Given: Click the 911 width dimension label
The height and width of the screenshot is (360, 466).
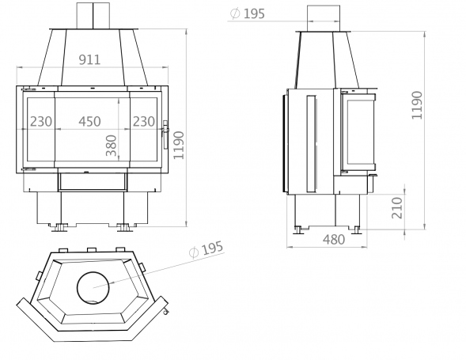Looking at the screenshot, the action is (89, 60).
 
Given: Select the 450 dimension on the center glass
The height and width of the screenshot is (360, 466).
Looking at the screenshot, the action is (89, 121).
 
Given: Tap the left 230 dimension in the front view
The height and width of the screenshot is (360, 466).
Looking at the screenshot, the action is (41, 121).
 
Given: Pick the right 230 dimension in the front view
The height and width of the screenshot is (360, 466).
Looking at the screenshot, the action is (143, 121).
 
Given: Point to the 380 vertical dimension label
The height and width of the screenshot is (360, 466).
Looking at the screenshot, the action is (112, 146).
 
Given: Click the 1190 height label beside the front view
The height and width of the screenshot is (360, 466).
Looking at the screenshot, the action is (179, 146).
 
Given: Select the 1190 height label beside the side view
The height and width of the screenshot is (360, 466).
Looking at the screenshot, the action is (417, 105).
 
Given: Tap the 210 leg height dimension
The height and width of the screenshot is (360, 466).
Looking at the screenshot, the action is (396, 208).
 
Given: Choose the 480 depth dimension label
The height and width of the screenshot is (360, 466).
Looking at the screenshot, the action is (334, 239).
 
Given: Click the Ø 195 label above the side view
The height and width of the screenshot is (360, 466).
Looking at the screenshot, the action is (248, 13).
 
